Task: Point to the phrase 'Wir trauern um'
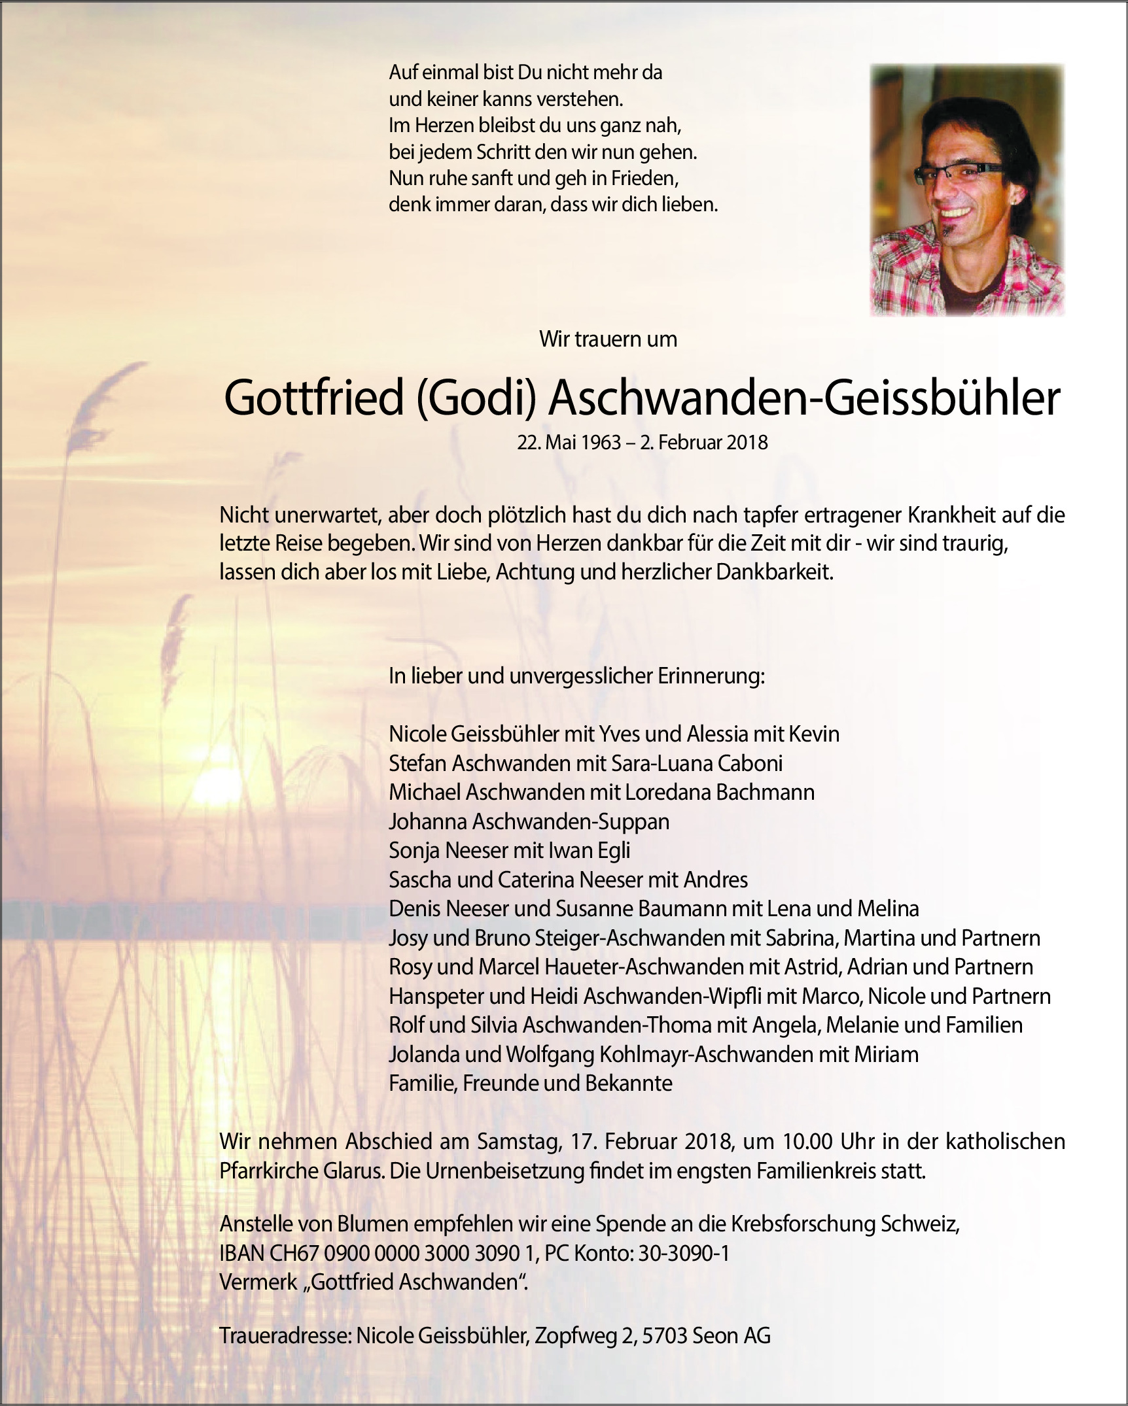click(608, 339)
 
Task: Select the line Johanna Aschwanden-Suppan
click(529, 821)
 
